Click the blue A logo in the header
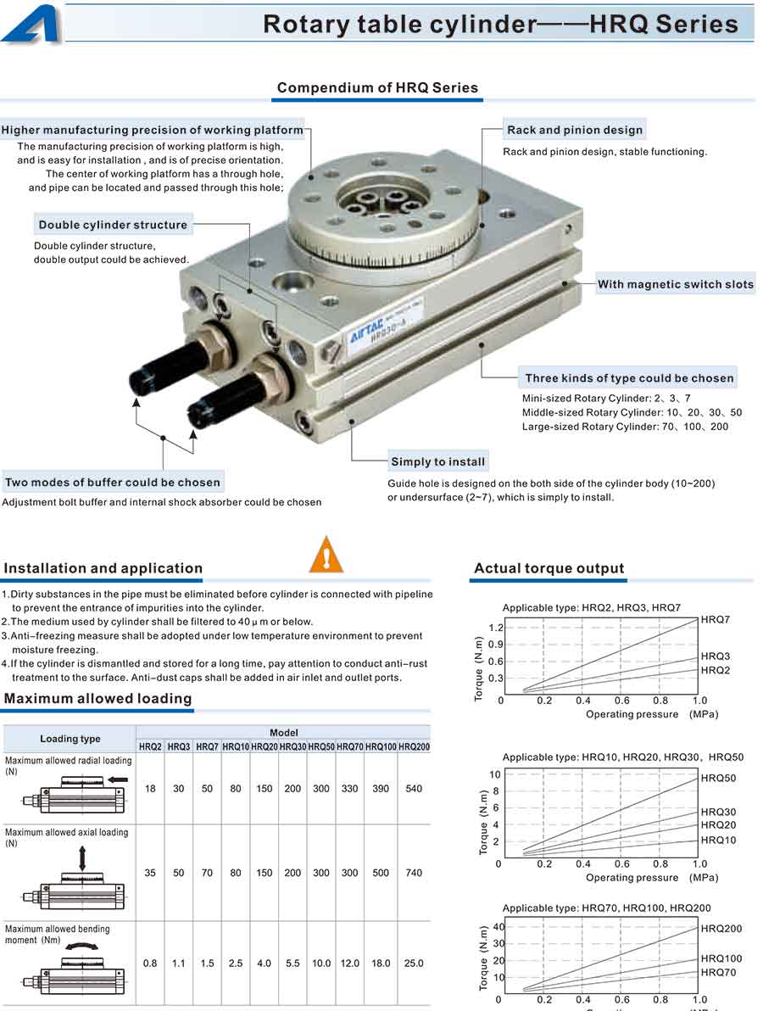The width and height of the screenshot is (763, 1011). pos(31,23)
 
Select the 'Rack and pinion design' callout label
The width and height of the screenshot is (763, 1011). pos(575,130)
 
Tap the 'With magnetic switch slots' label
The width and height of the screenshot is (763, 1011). pos(675,284)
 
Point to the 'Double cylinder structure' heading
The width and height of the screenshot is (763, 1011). pos(113,225)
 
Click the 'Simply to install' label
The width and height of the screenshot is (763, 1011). pos(437,462)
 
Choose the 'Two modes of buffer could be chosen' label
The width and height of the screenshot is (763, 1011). pos(113,483)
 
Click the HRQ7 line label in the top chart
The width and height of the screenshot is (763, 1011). pos(716,620)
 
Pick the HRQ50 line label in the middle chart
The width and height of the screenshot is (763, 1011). pos(718,778)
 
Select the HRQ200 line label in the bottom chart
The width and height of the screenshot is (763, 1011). pos(721,929)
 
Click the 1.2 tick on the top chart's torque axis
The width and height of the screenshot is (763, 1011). pos(496,628)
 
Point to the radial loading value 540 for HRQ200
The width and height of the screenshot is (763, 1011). pos(414,789)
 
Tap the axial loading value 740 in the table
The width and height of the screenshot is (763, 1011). pos(414,873)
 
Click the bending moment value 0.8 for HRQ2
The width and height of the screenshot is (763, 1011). pos(150,964)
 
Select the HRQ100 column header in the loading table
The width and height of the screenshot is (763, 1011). pos(381,746)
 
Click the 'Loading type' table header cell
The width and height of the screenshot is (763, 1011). pos(70,739)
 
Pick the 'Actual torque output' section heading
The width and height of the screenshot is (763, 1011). pos(549,568)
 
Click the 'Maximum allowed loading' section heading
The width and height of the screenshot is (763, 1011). pos(98,698)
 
